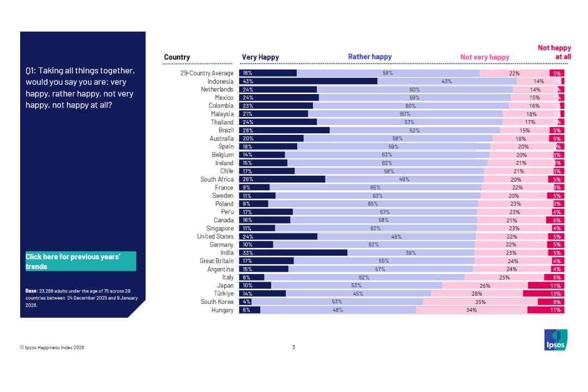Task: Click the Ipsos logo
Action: coord(556,340)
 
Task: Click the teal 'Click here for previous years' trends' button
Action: coord(81,262)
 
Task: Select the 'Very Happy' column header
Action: coord(260,57)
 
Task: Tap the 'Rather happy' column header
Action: coord(370,57)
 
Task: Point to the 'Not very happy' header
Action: coord(485,57)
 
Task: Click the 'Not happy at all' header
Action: coord(554,52)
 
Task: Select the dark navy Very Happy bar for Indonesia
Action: coord(308,81)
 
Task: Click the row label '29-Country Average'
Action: coord(207,73)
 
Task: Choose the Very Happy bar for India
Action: coord(293,253)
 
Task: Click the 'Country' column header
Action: coord(177,57)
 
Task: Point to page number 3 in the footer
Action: coord(293,348)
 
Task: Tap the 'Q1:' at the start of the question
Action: coord(31,71)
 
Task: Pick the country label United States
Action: coord(215,237)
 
